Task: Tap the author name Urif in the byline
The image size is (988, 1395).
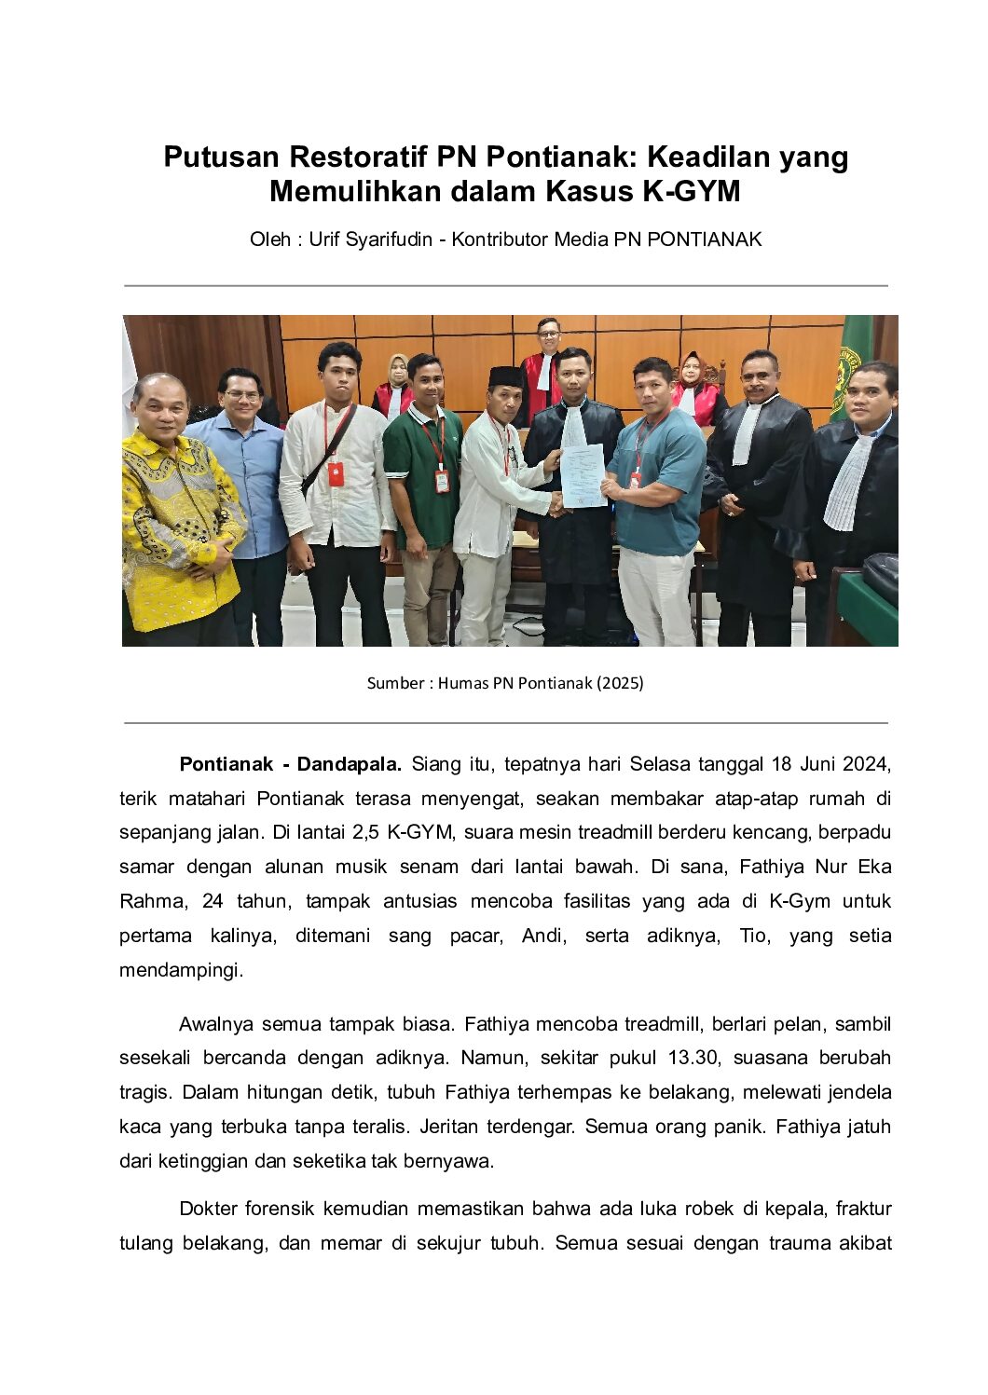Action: (325, 239)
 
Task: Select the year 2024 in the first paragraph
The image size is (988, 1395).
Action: (867, 765)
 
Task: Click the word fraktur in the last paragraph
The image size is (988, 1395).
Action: (864, 1210)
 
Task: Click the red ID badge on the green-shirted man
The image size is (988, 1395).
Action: (442, 481)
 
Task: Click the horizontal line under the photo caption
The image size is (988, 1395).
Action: (505, 722)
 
